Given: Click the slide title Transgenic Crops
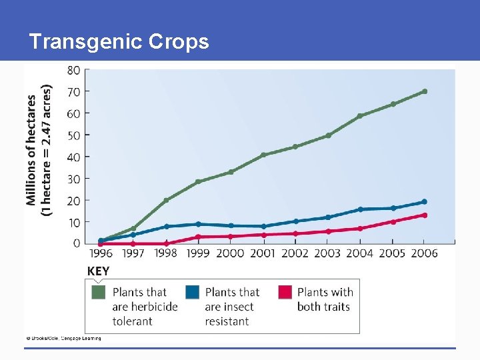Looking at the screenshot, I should click(x=119, y=42).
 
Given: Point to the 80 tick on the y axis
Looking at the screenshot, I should click(x=73, y=70).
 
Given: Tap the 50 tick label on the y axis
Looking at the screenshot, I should click(x=73, y=135).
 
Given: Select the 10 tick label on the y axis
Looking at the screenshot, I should click(x=73, y=222).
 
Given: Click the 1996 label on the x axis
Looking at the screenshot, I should click(x=101, y=253).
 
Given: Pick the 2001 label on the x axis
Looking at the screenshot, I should click(x=263, y=253).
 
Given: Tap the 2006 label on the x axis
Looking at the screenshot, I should click(x=424, y=253).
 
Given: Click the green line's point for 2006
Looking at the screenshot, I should click(x=425, y=91).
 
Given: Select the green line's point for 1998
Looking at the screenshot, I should click(x=166, y=200).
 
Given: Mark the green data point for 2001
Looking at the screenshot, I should click(x=263, y=155).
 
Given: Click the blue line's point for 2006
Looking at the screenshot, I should click(x=425, y=201).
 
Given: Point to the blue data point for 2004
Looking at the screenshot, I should click(x=360, y=209).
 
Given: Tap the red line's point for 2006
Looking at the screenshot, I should click(x=425, y=215).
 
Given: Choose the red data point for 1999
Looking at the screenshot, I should click(x=198, y=237).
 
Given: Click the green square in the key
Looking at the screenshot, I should click(x=99, y=292).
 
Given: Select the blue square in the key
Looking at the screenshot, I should click(x=192, y=292).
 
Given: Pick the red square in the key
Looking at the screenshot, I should click(x=285, y=292).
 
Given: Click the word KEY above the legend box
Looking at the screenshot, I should click(x=99, y=271).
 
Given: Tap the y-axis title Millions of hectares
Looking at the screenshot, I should click(x=31, y=150).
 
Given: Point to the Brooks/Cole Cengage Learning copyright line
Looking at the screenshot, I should click(x=63, y=339).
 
